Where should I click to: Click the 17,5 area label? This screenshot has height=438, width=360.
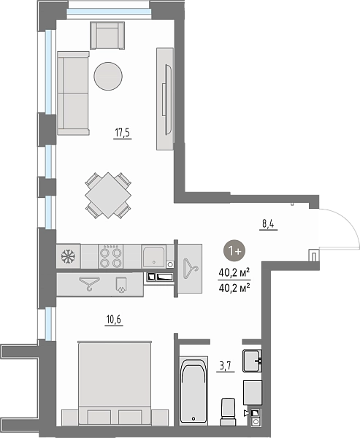coord(123,132)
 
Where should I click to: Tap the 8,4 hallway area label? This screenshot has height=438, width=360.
coord(268,224)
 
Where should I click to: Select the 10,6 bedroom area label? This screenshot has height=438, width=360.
coord(114,319)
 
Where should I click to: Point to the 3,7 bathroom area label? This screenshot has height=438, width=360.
coord(226,366)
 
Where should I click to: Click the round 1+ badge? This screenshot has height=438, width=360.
coord(234,250)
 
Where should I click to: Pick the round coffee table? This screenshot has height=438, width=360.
coord(108,76)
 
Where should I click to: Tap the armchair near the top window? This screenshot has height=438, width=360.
coord(107,36)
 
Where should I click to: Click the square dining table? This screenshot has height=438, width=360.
coord(108,195)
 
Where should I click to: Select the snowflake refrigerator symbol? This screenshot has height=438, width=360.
coord(68,256)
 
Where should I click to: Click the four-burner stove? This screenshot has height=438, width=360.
coord(111,256)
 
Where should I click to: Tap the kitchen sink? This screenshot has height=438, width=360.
coord(153,256)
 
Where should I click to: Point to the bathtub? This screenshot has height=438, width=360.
coord(194,391)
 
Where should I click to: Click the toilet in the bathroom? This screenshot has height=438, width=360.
coord(228,412)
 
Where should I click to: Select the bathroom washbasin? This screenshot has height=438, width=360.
coord(252,361)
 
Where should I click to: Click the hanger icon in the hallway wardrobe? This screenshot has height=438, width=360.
coord(191,269)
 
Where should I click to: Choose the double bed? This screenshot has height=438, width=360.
coord(115,383)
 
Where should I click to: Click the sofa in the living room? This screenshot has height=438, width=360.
coord(73,93)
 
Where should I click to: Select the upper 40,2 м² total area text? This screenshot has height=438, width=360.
coord(234,272)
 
